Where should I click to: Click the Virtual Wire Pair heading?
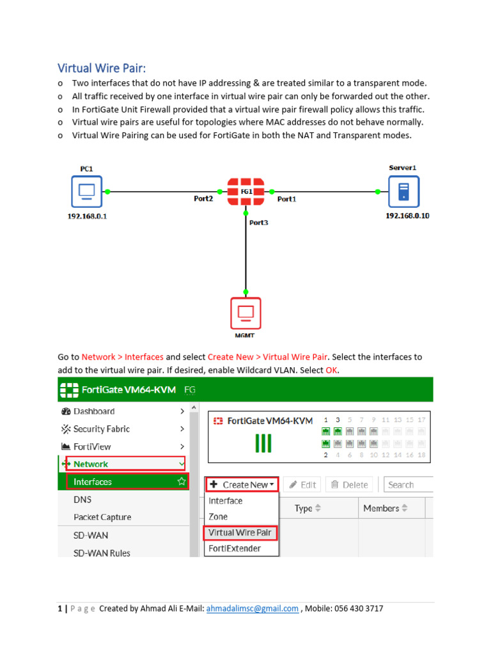[106, 68]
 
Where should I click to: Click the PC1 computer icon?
[86, 191]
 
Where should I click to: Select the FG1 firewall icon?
[245, 191]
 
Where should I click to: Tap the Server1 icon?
[403, 191]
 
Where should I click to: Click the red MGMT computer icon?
[245, 313]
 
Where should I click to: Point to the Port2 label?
[203, 199]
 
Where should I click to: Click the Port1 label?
[286, 199]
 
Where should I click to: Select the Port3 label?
[259, 223]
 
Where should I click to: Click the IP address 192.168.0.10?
[407, 216]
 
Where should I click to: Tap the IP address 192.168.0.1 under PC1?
[87, 216]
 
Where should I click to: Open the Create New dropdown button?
[242, 485]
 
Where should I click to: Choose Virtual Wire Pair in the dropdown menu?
[240, 532]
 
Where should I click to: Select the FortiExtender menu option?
[235, 548]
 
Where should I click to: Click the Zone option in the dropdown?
[218, 516]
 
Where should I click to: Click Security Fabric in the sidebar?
[101, 429]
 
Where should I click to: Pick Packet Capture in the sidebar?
[102, 517]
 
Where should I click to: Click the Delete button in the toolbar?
[349, 485]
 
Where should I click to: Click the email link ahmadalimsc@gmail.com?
[253, 609]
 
